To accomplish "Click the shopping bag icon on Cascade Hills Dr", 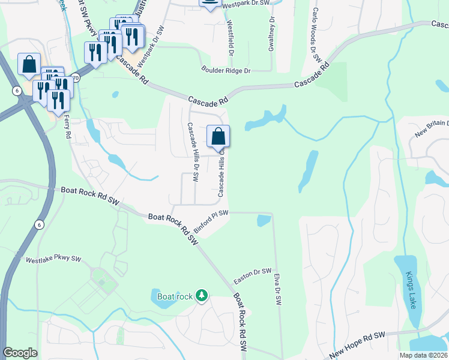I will [x=218, y=136].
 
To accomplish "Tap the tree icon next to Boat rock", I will [x=202, y=295].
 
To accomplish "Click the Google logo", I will [x=20, y=353].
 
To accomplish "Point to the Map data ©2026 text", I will [x=423, y=355].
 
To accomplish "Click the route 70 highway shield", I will [x=75, y=77].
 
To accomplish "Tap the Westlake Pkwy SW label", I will [x=53, y=260].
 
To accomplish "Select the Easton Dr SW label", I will [x=252, y=276].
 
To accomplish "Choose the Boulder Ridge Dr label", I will [x=226, y=71].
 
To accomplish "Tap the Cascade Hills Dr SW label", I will [x=192, y=152].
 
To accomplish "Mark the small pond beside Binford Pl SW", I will [x=263, y=221].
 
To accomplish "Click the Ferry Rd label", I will [x=67, y=125].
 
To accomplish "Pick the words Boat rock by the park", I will [x=175, y=296].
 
